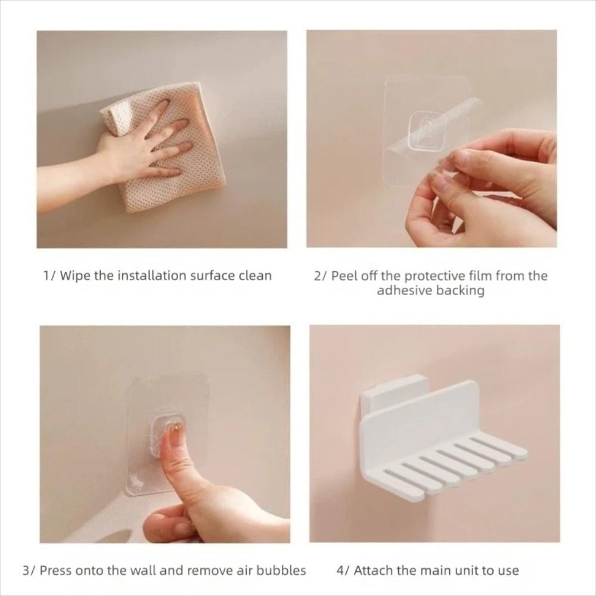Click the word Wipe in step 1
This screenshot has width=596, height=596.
[75, 275]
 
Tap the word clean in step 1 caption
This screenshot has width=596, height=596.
[255, 275]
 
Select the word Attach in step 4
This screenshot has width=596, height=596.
[374, 570]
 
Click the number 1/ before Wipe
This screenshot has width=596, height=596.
[49, 275]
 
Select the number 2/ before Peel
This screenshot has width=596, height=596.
[321, 275]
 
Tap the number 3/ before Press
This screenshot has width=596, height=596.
[29, 570]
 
